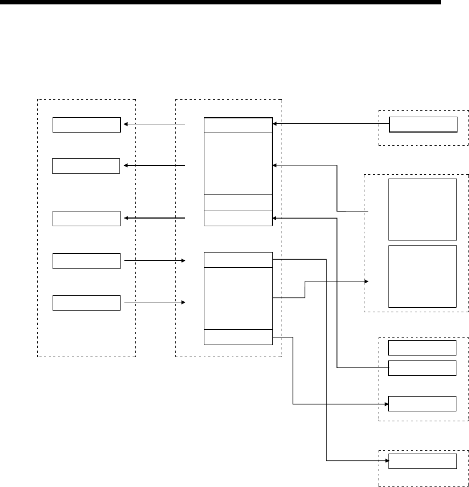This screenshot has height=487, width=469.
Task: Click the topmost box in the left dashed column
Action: point(86,125)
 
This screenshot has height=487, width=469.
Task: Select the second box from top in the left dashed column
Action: point(86,165)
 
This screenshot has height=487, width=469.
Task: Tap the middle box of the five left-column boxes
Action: point(86,218)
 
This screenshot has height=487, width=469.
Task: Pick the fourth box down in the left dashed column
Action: point(86,261)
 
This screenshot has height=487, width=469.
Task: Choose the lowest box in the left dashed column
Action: point(86,302)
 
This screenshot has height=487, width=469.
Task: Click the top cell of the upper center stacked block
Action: point(238,125)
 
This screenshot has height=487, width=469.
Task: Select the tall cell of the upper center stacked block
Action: point(238,163)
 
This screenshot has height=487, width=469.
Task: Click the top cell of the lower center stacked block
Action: point(238,260)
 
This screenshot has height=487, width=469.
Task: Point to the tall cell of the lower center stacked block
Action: point(238,299)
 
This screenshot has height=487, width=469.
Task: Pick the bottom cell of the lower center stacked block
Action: point(238,337)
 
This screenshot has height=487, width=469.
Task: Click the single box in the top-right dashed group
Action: point(423,125)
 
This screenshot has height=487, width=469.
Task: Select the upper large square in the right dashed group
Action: point(422,209)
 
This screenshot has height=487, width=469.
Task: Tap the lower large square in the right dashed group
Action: point(422,276)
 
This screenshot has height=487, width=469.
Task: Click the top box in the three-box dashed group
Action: point(422,348)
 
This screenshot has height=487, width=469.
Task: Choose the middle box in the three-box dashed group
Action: point(422,368)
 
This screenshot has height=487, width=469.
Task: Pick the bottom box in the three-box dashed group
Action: point(422,403)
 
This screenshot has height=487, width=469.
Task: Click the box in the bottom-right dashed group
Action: point(422,461)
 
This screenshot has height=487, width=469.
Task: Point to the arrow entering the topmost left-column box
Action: point(153,124)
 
